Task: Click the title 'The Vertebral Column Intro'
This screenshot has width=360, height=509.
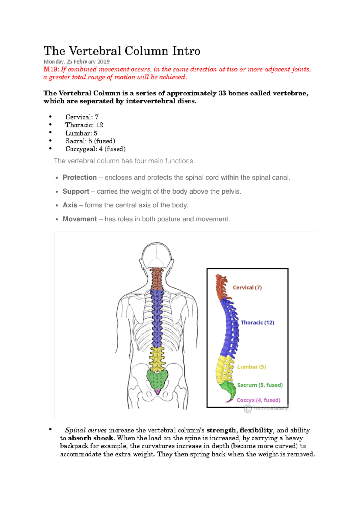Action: pos(122,51)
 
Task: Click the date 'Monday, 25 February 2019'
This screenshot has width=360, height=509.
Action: pos(76,62)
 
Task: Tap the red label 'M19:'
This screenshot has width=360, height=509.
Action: pos(51,70)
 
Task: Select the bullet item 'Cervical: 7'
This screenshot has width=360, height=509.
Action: pos(82,117)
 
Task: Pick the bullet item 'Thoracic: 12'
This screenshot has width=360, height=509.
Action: pos(84,125)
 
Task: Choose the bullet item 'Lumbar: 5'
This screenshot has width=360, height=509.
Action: pos(81,133)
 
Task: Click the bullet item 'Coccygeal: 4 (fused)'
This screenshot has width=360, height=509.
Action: pos(95,149)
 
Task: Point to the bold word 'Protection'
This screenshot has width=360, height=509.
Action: pos(79,177)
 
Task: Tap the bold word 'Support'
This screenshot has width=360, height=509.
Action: pos(76,191)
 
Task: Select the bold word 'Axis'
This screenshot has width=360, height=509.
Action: pos(70,205)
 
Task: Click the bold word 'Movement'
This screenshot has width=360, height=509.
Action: pos(79,219)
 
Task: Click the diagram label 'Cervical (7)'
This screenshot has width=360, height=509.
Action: pos(247,287)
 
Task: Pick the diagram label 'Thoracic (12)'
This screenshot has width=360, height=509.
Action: pos(257,323)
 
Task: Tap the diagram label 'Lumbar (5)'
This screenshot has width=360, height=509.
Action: pos(251,367)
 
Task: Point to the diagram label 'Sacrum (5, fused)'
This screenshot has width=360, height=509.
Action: pos(260,385)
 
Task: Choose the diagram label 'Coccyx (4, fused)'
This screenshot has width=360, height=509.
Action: pos(258,400)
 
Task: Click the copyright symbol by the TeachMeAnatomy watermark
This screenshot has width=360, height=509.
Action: pos(247,409)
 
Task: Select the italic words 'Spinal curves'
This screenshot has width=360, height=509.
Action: pos(86,430)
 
